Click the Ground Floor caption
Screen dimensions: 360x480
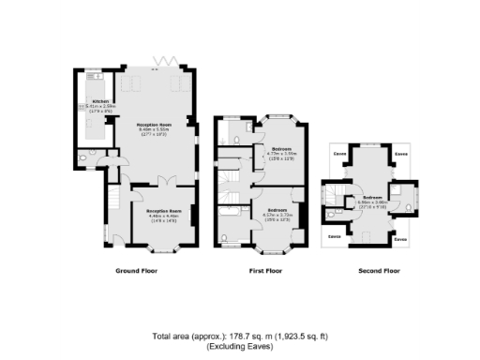137,271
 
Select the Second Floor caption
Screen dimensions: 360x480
379,271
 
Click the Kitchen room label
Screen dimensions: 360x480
100,100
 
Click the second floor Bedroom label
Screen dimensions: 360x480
372,198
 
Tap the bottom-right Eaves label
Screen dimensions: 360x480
401,240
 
